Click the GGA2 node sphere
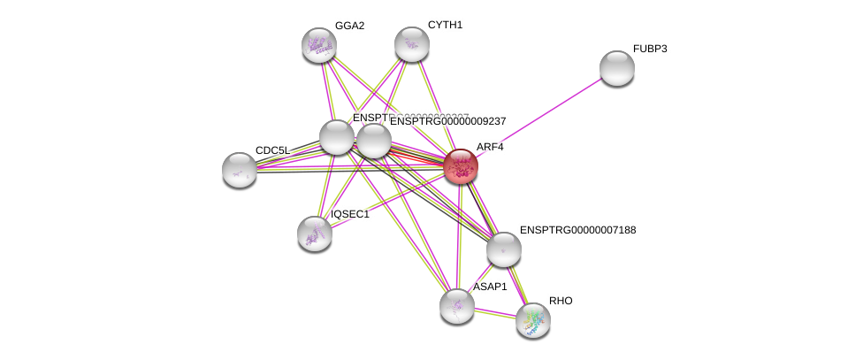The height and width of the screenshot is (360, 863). pyautogui.click(x=318, y=45)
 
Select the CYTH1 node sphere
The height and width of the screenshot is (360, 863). pyautogui.click(x=411, y=44)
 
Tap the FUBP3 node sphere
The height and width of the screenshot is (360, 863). pyautogui.click(x=616, y=68)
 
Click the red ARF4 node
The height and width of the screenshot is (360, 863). pyautogui.click(x=460, y=165)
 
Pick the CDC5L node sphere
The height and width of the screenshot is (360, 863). pyautogui.click(x=239, y=170)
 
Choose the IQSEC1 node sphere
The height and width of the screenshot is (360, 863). pyautogui.click(x=314, y=234)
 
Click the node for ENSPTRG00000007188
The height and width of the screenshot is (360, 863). pyautogui.click(x=503, y=249)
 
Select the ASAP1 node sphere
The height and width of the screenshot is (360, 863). pyautogui.click(x=456, y=306)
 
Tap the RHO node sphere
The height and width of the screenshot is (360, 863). pyautogui.click(x=532, y=320)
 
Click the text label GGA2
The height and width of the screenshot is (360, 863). pyautogui.click(x=349, y=26)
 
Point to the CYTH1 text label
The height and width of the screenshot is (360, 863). pyautogui.click(x=445, y=25)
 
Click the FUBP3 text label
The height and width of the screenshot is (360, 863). pyautogui.click(x=650, y=49)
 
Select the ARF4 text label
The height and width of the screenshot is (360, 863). pyautogui.click(x=489, y=147)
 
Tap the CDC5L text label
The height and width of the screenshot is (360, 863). pyautogui.click(x=272, y=150)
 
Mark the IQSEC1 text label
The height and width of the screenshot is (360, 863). pyautogui.click(x=349, y=214)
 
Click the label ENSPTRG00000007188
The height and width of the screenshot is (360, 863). pyautogui.click(x=577, y=230)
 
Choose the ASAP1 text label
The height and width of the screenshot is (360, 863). pyautogui.click(x=489, y=287)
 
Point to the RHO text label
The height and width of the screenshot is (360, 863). pyautogui.click(x=561, y=301)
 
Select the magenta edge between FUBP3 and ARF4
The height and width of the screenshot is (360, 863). pyautogui.click(x=538, y=117)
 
